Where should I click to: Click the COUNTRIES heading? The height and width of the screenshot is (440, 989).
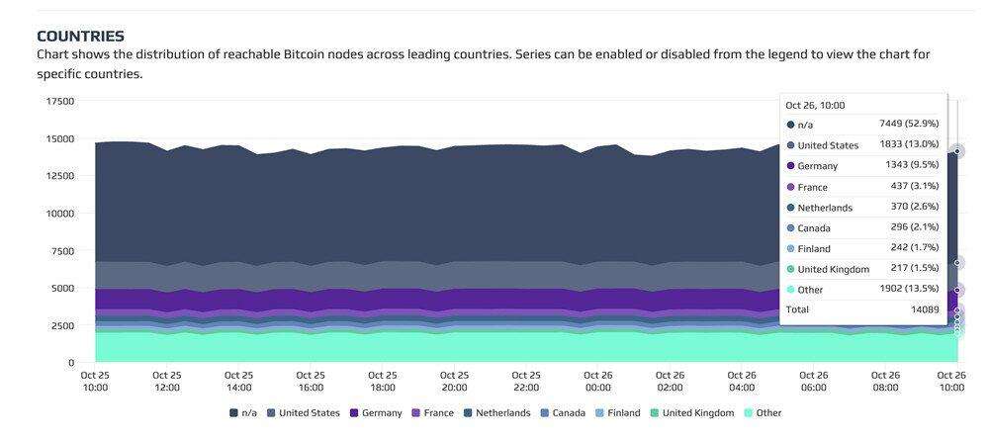80,36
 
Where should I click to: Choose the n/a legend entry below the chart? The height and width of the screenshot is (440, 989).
248,412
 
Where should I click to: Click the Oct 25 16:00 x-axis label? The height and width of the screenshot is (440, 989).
312,382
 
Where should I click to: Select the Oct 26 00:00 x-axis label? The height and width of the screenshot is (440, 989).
598,382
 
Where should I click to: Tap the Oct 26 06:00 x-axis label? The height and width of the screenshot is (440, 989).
813,382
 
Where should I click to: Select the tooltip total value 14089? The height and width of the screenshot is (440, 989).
923,309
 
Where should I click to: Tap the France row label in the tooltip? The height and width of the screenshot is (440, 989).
812,187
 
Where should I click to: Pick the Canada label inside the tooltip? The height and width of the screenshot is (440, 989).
813,228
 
